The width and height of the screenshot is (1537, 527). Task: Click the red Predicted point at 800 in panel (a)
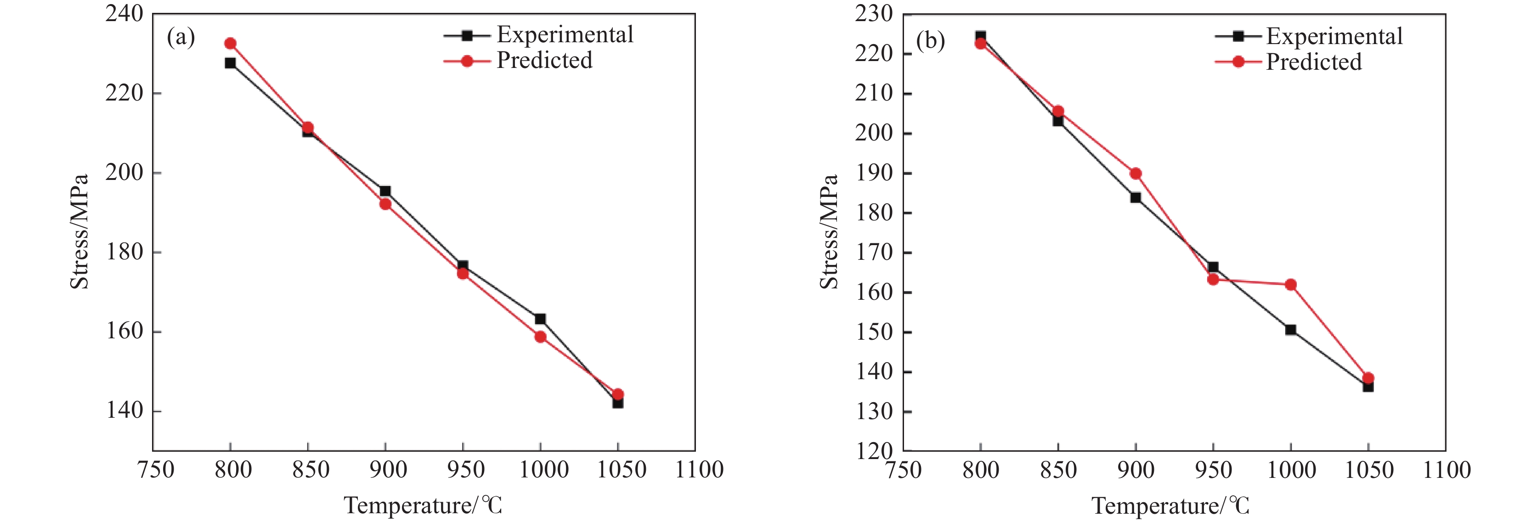[x=230, y=44]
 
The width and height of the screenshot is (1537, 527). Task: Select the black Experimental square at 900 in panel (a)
[x=385, y=191]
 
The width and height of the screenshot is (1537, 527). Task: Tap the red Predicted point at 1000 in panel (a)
[x=540, y=337]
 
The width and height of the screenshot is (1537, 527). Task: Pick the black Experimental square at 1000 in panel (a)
[x=540, y=319]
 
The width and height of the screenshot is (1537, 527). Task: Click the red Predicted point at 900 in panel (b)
[x=1136, y=174]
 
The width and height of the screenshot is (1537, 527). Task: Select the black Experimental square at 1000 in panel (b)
[x=1291, y=330]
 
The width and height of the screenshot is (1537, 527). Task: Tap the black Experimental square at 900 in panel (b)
[x=1136, y=197]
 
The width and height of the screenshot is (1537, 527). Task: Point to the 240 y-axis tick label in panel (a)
[x=124, y=13]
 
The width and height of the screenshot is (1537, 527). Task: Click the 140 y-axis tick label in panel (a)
[x=124, y=411]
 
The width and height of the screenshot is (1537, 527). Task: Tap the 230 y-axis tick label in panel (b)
[x=874, y=13]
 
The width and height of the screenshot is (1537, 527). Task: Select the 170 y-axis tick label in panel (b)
[x=874, y=252]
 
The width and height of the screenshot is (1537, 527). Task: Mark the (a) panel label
[x=181, y=38]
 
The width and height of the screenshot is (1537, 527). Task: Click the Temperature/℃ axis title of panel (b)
[x=1170, y=506]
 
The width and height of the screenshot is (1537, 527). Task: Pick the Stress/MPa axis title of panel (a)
[x=79, y=231]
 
